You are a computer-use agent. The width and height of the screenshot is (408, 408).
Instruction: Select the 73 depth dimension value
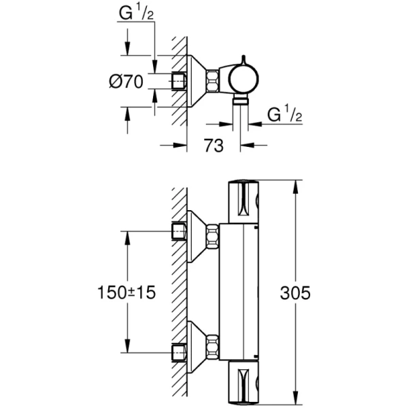coord(213,146)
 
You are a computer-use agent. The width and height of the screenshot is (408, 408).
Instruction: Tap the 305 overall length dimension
coord(295,293)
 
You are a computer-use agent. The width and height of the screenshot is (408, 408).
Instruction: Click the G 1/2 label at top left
coord(136,14)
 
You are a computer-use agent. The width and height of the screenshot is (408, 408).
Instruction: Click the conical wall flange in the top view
coord(198,80)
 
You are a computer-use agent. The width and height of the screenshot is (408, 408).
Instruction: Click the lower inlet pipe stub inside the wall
coord(179,352)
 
